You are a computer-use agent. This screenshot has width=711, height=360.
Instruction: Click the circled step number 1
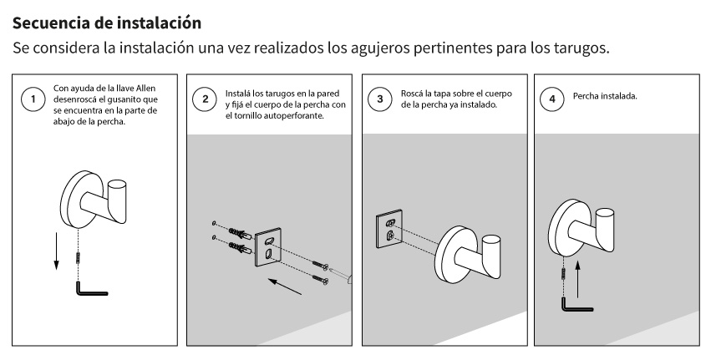(x=33, y=99)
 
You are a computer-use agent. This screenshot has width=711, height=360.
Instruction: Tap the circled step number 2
(x=205, y=99)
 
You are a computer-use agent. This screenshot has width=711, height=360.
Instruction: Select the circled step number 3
(x=380, y=99)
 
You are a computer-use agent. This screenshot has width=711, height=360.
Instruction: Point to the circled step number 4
(x=552, y=99)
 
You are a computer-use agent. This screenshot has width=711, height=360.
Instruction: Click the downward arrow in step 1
(x=56, y=251)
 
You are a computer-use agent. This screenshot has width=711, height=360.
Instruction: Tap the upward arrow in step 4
(x=577, y=279)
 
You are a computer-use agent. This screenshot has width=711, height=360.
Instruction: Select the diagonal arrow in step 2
(x=285, y=286)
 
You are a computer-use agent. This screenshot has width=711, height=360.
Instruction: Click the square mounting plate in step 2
(x=268, y=249)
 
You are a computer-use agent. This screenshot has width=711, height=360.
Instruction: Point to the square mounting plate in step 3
(x=389, y=230)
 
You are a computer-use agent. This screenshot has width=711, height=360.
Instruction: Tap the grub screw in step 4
(x=564, y=274)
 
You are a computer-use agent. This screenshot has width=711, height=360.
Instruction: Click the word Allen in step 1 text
(x=145, y=89)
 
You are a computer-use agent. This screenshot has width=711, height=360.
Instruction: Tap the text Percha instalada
(x=605, y=96)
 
